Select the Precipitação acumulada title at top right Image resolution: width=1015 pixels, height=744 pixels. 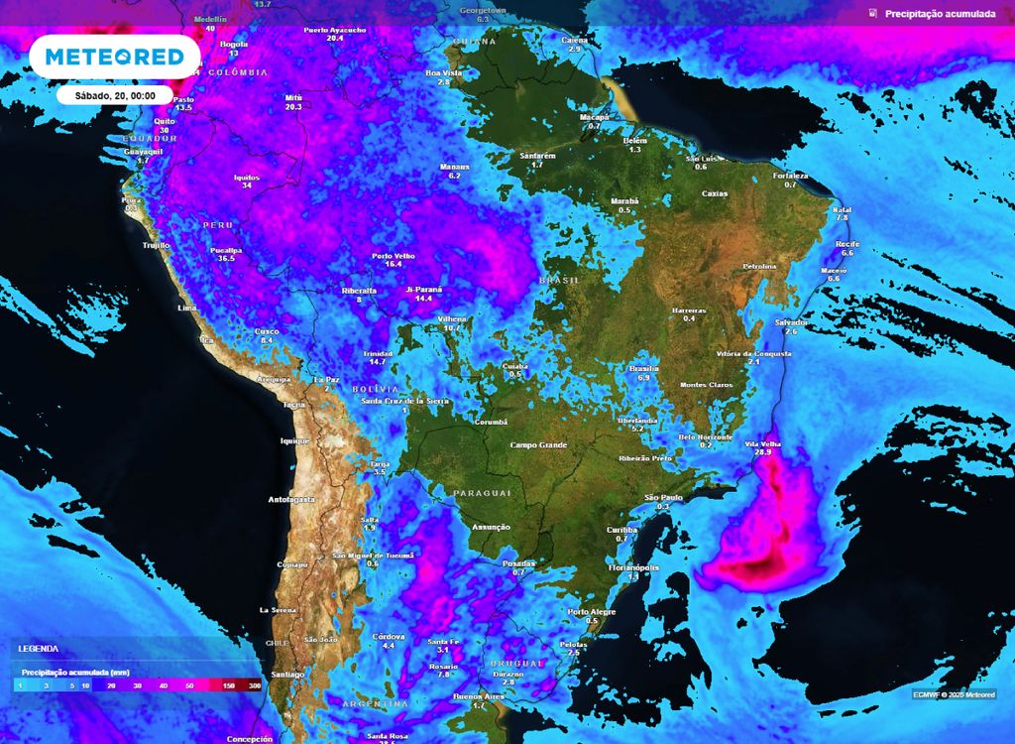940,14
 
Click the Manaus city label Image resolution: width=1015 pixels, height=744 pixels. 455,167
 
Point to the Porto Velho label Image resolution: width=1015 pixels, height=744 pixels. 393,255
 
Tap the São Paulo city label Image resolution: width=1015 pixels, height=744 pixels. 664,497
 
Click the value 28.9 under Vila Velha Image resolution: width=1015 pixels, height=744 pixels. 762,452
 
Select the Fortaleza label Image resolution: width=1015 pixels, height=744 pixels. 790,176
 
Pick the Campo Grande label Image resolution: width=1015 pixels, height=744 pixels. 538,445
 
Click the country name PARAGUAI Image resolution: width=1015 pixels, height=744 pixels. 482,493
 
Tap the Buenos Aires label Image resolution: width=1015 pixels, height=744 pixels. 480,696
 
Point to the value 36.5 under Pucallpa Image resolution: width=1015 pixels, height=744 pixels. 227,258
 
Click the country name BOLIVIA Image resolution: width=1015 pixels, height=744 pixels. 375,389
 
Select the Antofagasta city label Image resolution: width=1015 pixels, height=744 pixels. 291,499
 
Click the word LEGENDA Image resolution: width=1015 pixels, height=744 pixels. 38,649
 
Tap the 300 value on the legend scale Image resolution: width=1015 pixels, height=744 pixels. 255,685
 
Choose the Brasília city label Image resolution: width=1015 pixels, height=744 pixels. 644,369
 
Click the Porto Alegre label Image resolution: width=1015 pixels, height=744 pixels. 591,611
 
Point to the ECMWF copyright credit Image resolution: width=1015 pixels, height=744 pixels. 954,694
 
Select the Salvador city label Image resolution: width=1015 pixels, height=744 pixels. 791,322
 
